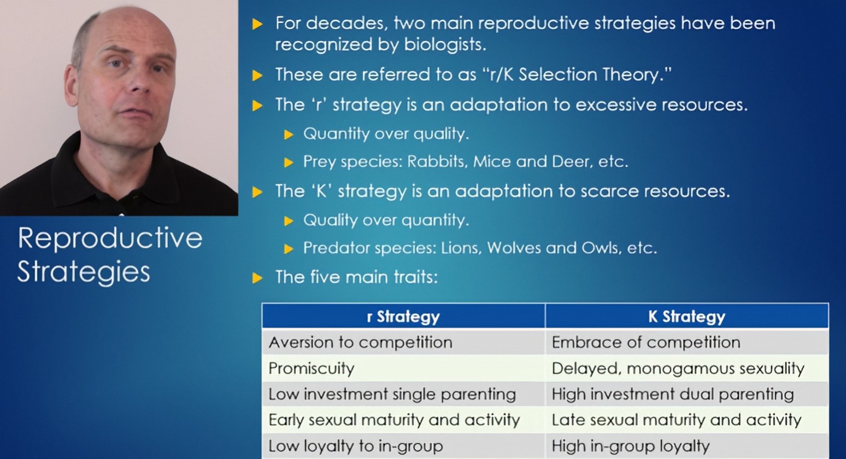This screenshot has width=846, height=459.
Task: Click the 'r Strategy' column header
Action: coord(403,317)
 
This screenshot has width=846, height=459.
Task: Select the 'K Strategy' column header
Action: coord(686,317)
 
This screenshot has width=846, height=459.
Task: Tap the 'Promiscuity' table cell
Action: coord(312,368)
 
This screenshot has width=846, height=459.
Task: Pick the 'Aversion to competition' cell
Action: coord(360,342)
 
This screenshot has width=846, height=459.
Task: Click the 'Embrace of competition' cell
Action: coord(646,342)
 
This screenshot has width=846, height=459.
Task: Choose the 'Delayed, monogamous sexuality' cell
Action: coord(678,368)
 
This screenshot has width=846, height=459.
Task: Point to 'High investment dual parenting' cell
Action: coord(672,394)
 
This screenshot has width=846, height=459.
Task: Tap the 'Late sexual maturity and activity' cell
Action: coord(676,420)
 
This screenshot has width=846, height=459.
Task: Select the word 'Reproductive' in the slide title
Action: coord(110,239)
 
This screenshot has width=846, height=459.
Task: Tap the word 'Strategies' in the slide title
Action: coord(84,272)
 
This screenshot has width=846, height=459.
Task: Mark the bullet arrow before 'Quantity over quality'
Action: coord(289,135)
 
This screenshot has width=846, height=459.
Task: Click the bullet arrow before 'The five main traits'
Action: coord(257,278)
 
